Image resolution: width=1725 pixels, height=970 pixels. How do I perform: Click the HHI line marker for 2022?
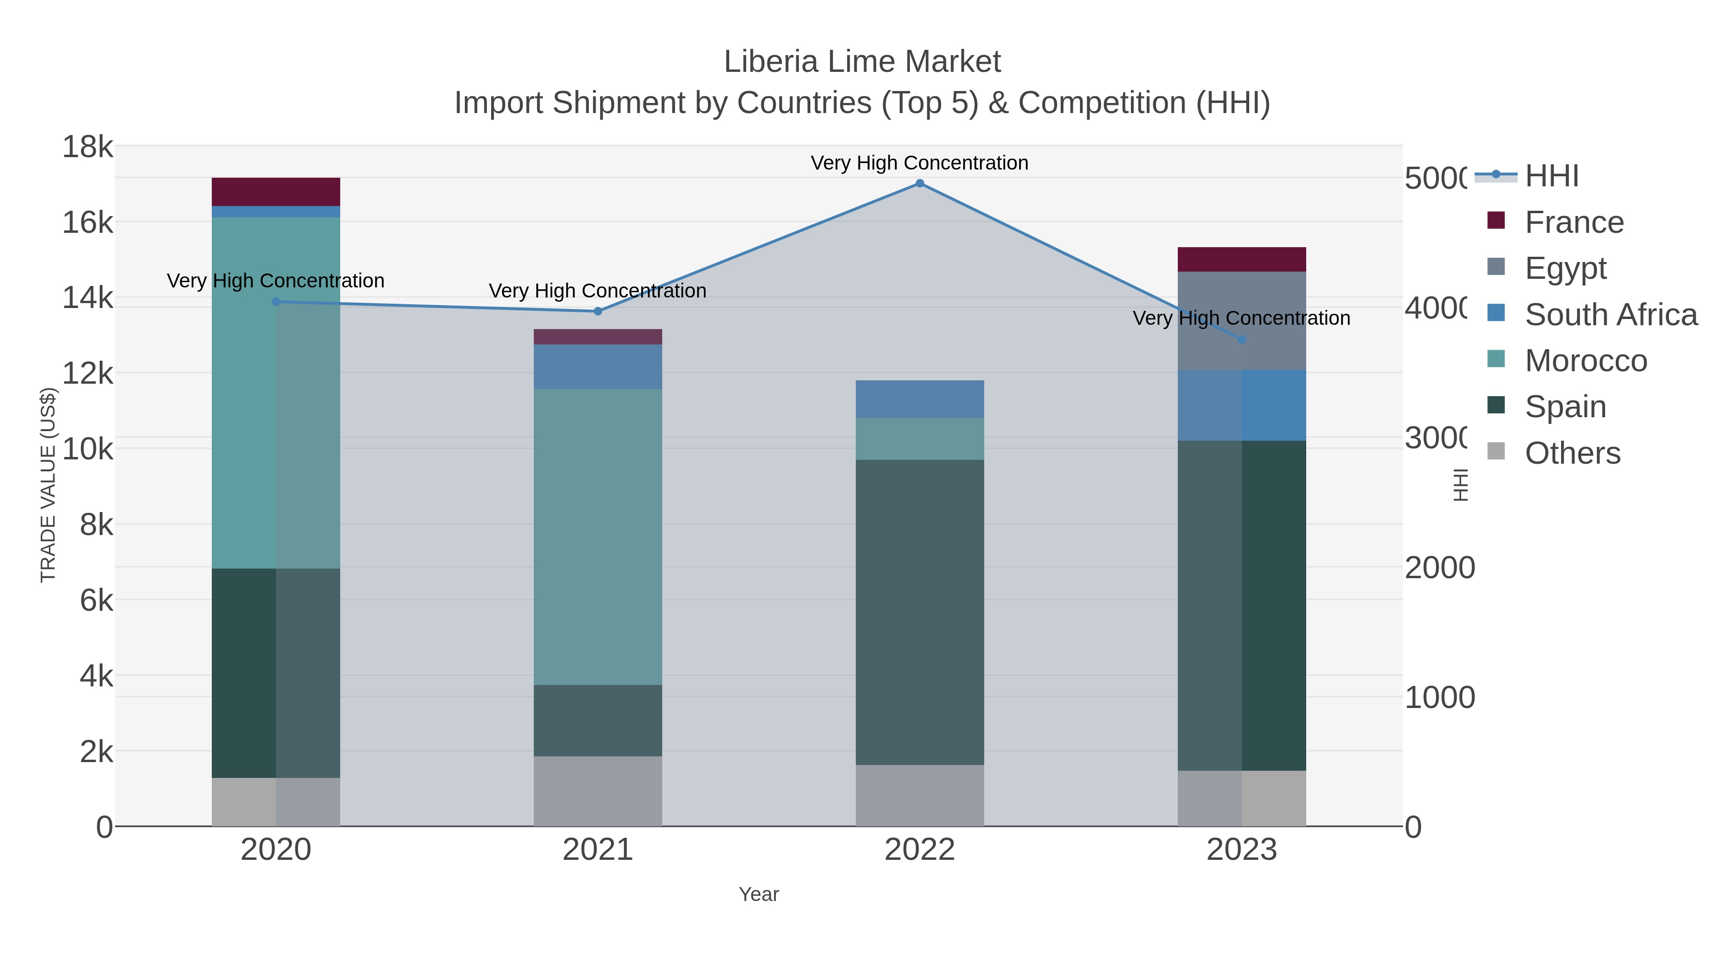920,183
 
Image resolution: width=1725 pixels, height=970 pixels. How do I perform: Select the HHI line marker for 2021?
598,311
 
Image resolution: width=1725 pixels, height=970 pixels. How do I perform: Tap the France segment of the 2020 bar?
276,192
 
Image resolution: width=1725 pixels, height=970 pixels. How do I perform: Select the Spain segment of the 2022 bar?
920,613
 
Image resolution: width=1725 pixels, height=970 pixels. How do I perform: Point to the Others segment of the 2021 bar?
598,791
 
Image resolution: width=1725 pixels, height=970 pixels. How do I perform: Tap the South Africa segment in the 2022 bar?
920,399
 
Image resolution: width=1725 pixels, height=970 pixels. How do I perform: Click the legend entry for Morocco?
1585,361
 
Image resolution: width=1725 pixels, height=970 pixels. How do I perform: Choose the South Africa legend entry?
1610,315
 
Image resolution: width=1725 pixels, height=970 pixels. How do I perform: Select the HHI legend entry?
1551,176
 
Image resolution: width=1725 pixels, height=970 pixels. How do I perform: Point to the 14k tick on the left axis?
88,298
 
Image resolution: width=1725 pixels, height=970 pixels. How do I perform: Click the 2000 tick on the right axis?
1439,568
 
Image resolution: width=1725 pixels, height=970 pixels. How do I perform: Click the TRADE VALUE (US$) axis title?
48,485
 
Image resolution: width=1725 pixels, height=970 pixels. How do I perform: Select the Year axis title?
759,894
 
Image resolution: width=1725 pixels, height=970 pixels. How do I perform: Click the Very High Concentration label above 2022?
920,163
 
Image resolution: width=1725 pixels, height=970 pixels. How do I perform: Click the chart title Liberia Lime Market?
862,62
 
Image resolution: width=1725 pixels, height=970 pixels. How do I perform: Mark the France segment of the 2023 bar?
1242,260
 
